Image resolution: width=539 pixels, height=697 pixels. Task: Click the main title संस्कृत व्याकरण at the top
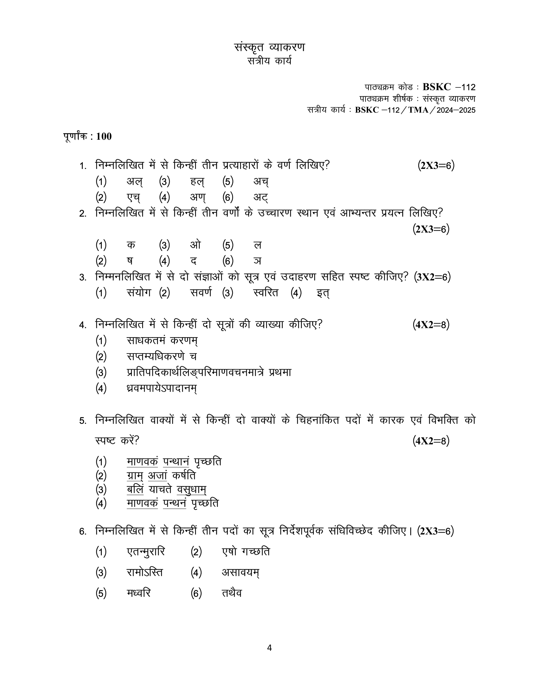269,47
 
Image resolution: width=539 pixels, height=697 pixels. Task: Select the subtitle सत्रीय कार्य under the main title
269,61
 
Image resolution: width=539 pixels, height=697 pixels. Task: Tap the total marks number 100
104,137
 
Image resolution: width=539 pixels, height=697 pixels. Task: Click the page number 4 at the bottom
269,648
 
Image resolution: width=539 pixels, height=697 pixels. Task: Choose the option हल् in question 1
197,182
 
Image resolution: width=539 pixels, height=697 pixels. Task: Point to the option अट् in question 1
261,198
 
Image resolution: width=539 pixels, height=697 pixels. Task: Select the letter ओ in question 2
195,245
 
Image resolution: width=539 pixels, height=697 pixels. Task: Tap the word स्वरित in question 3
265,292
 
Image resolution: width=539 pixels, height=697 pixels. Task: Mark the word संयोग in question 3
139,292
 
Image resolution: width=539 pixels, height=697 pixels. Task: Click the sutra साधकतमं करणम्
162,340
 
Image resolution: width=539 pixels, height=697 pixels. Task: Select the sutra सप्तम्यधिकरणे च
162,356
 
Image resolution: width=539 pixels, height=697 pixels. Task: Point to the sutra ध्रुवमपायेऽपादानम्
162,388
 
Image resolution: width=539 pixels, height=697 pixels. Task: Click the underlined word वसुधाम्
192,489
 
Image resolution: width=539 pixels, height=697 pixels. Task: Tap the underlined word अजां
158,476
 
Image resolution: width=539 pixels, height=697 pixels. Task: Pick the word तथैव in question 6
232,593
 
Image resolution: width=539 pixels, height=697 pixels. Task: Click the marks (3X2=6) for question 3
432,277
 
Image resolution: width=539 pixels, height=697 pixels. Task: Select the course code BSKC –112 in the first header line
449,87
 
